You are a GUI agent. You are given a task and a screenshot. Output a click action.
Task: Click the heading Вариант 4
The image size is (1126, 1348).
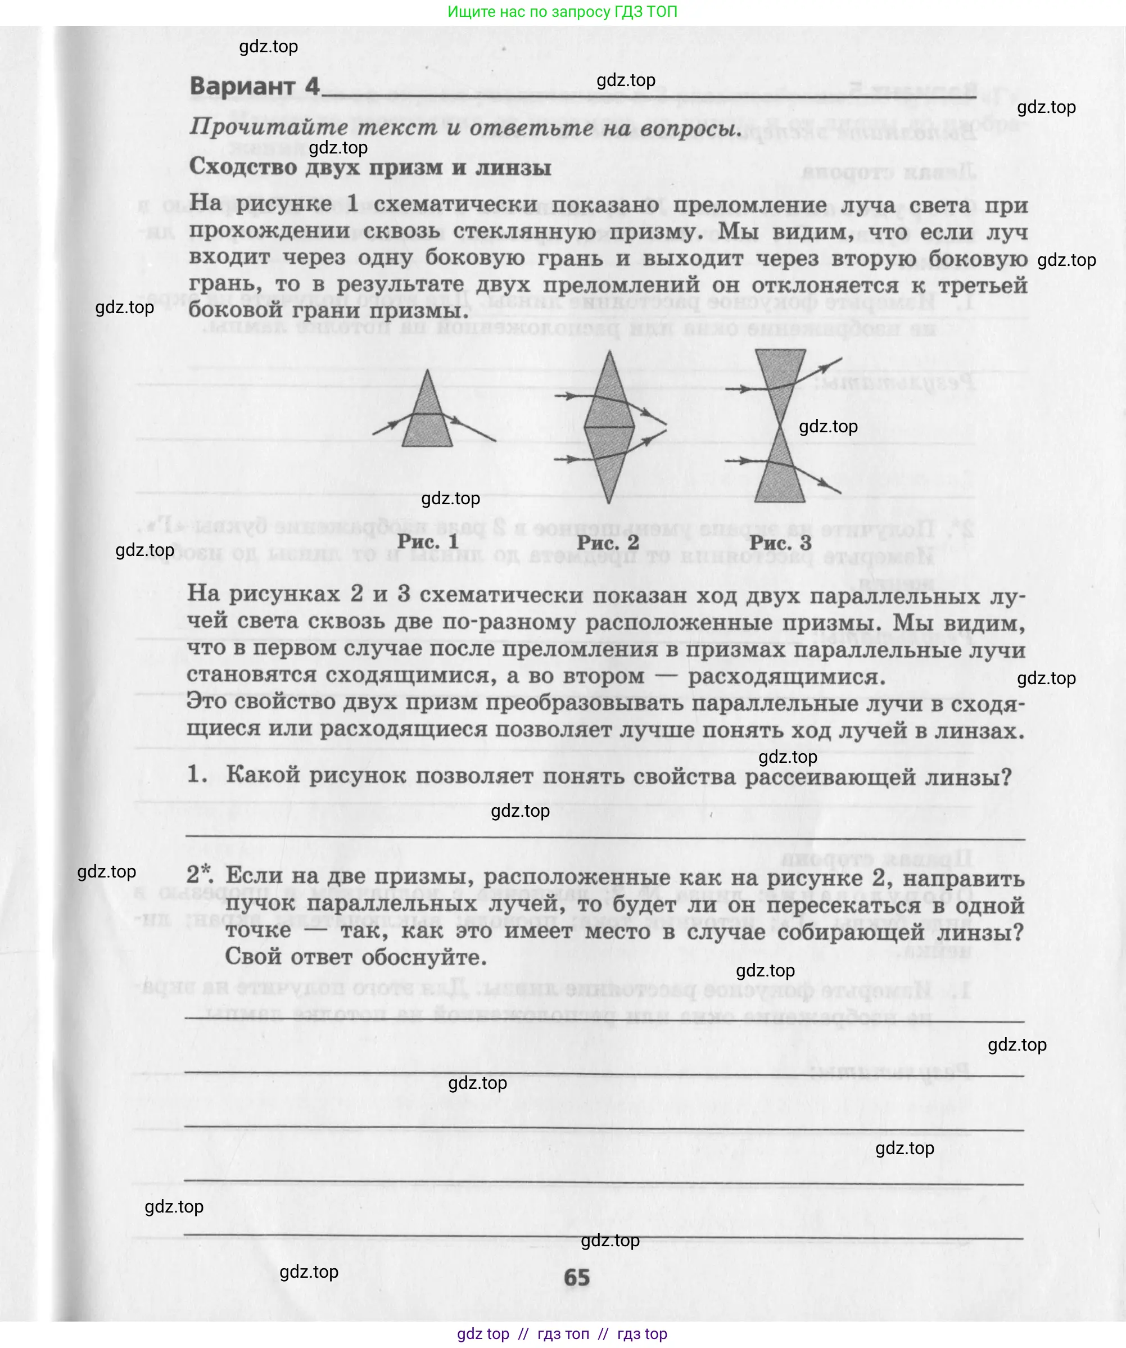click(x=254, y=87)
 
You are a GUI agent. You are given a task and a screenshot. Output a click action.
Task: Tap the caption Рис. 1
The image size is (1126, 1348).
click(x=428, y=541)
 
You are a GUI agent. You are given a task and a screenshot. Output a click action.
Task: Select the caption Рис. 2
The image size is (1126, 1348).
click(x=607, y=542)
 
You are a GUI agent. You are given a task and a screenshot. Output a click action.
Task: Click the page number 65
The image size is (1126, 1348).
click(x=576, y=1277)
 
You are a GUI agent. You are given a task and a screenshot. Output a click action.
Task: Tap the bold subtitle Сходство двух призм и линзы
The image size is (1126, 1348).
click(x=370, y=168)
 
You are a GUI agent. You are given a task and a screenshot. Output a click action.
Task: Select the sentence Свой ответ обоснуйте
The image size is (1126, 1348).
click(x=356, y=957)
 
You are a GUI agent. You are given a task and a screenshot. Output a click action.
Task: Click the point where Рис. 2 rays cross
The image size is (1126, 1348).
click(x=666, y=425)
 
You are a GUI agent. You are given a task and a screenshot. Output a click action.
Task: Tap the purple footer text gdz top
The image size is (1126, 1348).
click(x=483, y=1334)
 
